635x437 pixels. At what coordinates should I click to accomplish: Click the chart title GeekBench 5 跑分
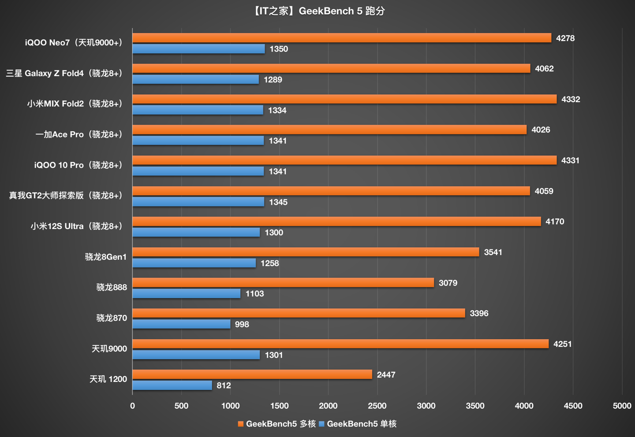click(x=317, y=11)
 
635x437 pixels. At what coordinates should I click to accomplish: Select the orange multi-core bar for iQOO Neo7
click(x=342, y=38)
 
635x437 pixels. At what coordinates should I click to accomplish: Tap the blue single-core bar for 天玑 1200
click(x=172, y=385)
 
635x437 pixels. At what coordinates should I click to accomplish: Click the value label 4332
click(x=571, y=100)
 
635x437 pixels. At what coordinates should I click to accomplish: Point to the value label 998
click(x=242, y=325)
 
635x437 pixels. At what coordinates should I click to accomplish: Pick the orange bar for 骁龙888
click(x=283, y=283)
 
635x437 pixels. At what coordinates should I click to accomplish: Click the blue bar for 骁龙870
click(x=181, y=324)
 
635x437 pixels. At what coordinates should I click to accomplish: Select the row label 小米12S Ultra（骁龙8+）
click(x=77, y=226)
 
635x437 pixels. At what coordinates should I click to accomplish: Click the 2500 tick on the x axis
click(x=377, y=406)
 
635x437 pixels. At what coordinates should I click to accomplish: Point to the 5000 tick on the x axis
click(x=622, y=406)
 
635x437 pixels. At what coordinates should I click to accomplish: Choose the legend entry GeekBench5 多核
click(x=277, y=424)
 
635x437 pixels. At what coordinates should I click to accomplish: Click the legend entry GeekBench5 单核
click(x=358, y=424)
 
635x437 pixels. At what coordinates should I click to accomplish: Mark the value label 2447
click(x=386, y=375)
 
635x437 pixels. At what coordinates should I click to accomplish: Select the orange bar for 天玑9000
click(x=340, y=344)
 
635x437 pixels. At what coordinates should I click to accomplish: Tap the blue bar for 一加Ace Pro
click(x=198, y=141)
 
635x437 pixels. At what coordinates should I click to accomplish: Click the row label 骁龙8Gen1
click(x=106, y=257)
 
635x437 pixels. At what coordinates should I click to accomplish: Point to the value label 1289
click(x=273, y=80)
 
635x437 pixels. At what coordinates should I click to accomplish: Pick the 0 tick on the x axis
click(x=132, y=406)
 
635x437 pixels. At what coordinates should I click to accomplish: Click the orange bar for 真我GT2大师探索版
click(x=331, y=191)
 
